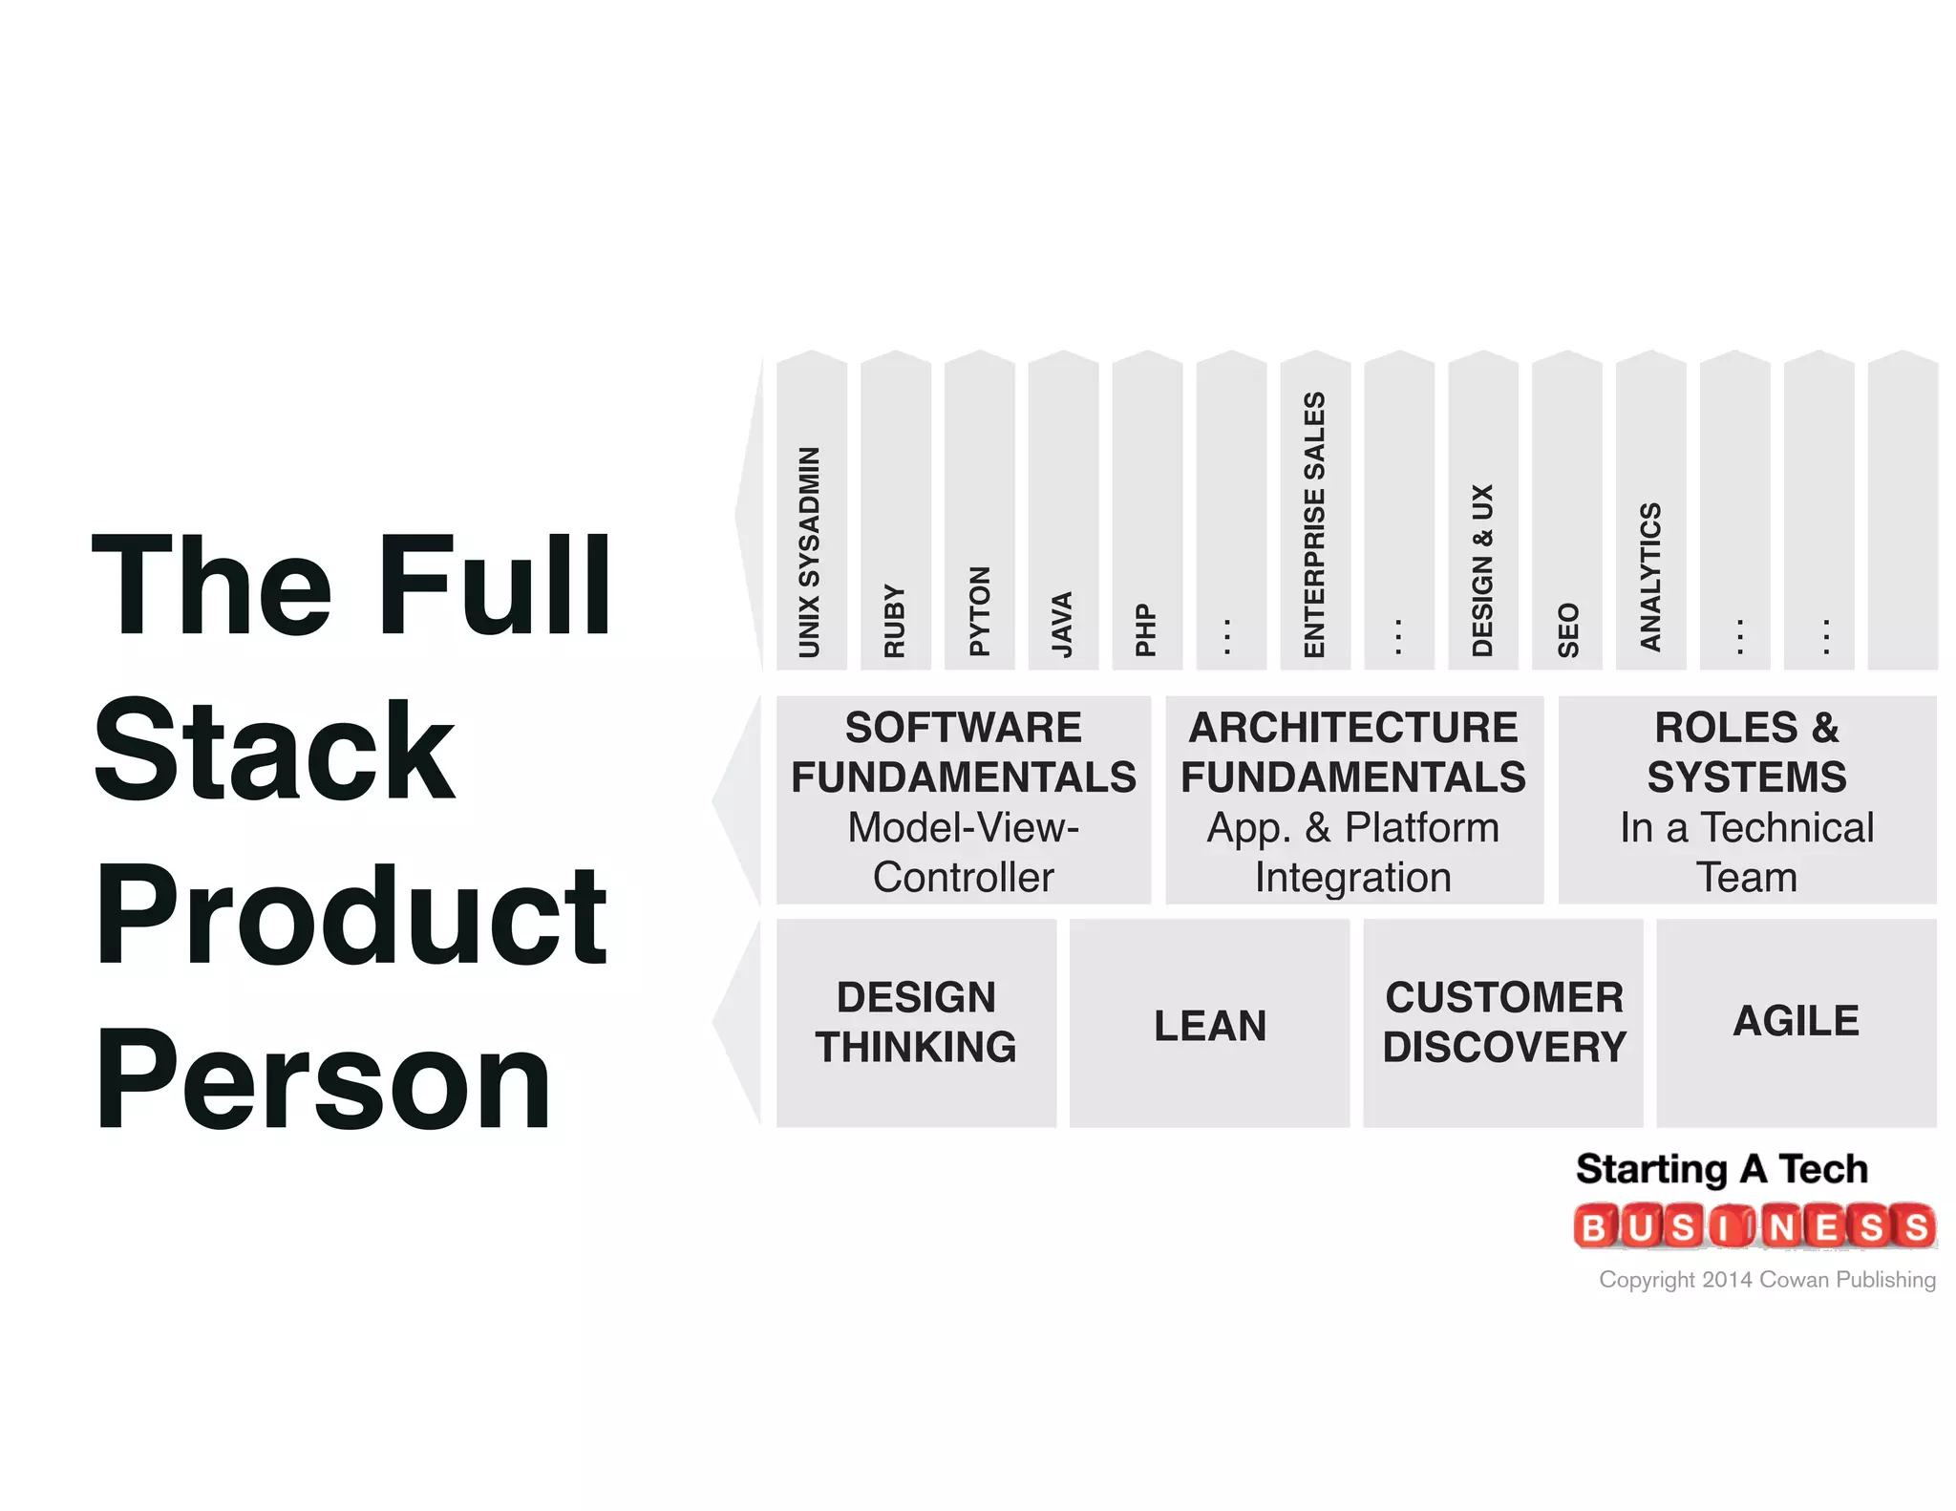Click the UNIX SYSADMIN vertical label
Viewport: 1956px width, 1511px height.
click(810, 552)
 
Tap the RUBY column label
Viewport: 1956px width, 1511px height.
click(894, 621)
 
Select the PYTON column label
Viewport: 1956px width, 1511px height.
click(979, 611)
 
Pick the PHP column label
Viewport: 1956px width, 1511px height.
click(1146, 629)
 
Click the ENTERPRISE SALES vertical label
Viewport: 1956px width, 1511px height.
click(1315, 524)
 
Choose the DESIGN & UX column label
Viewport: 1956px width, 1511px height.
click(1482, 570)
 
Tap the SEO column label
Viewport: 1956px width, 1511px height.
click(1567, 629)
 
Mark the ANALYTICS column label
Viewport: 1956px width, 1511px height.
click(1650, 577)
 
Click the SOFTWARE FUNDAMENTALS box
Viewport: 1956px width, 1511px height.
click(963, 800)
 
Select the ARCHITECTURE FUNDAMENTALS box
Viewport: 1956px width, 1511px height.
click(1353, 800)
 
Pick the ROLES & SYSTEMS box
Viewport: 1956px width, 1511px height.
click(1747, 800)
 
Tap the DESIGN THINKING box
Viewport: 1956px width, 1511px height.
click(916, 1022)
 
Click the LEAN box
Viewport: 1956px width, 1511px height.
click(1209, 1025)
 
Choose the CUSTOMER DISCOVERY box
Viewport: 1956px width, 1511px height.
click(1503, 1022)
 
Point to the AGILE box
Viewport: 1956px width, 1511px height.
click(1796, 1021)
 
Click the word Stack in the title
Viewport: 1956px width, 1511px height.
click(274, 752)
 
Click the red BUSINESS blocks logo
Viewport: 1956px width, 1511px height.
click(1754, 1226)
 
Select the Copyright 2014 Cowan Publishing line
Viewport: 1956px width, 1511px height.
click(1767, 1280)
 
